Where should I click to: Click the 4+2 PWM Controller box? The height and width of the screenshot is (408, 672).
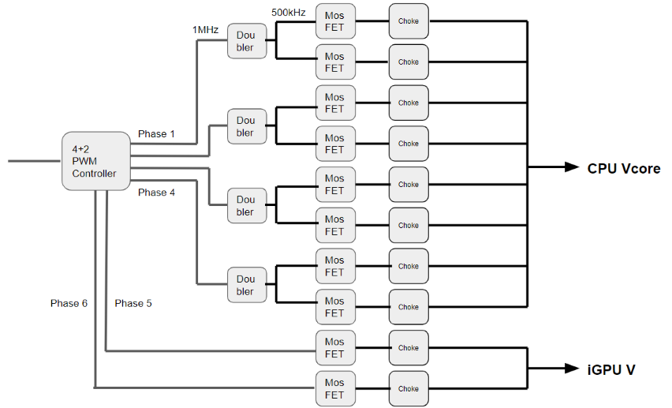(x=95, y=161)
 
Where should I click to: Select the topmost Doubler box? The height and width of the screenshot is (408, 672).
(x=245, y=41)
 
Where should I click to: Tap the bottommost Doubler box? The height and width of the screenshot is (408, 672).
(x=245, y=285)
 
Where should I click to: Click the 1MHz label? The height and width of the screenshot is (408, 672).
(x=205, y=29)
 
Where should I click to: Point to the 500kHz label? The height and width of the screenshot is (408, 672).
(x=289, y=13)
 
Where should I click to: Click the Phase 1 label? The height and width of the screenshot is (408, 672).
(x=156, y=134)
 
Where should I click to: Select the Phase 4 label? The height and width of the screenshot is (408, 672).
(x=156, y=192)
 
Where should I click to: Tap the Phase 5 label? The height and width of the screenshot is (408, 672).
(x=133, y=303)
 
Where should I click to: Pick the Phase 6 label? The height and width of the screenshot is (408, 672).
(x=69, y=303)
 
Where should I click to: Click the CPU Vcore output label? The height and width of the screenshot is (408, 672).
(x=623, y=168)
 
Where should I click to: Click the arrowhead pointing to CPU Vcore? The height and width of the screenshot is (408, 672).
(x=573, y=167)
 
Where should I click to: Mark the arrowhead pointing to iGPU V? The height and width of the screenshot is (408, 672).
(x=573, y=369)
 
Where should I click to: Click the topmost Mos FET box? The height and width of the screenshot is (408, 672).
(x=334, y=21)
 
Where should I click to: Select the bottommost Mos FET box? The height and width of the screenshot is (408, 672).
(x=334, y=388)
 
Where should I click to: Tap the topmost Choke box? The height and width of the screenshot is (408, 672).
(x=409, y=21)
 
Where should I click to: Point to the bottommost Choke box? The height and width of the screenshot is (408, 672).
(x=409, y=388)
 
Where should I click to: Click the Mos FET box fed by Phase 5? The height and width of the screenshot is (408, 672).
(x=334, y=348)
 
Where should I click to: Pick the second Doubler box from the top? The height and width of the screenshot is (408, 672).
(x=245, y=126)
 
